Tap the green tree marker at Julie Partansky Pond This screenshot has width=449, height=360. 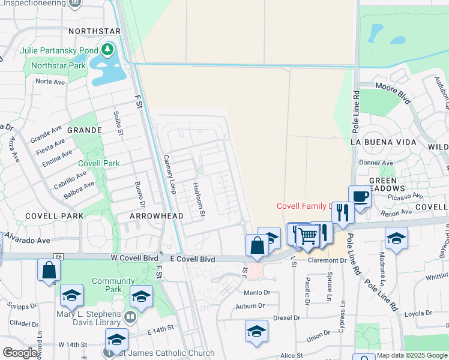107,49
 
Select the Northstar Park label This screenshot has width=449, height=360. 59,65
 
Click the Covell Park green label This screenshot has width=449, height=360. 98,163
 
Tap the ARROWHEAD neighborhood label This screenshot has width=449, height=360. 152,215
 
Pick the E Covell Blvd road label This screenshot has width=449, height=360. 191,259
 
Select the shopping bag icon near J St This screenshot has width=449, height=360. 257,245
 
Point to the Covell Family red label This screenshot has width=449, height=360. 304,206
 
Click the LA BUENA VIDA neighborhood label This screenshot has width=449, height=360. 383,142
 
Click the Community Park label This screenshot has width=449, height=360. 113,285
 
